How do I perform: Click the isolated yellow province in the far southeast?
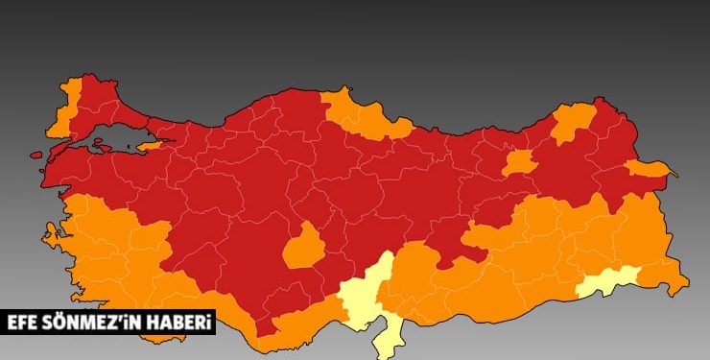point(608,281)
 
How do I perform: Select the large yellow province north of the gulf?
point(365,293)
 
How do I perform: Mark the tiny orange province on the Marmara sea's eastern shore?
point(152,146)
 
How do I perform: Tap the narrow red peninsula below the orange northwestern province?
point(60,139)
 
